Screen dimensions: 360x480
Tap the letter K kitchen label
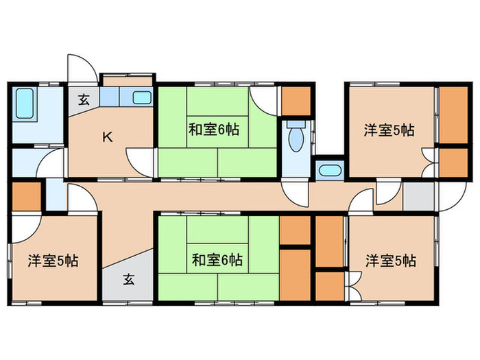click(x=108, y=136)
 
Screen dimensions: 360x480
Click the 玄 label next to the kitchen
click(x=83, y=99)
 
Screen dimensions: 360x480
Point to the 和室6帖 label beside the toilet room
click(x=215, y=128)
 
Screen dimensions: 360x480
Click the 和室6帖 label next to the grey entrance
click(x=216, y=260)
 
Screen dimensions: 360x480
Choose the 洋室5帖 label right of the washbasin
click(x=389, y=128)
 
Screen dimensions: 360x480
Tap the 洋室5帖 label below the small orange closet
click(x=52, y=261)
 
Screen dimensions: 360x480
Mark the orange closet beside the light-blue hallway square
click(x=27, y=196)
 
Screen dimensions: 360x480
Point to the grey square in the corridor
click(x=418, y=196)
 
